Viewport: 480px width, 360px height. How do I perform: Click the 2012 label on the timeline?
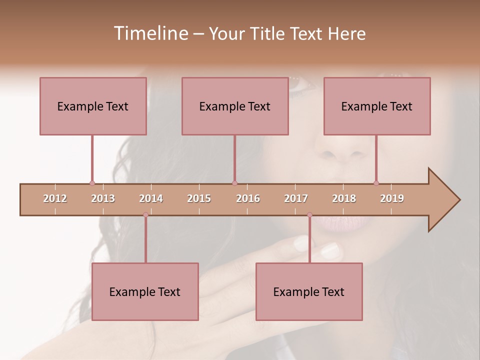coord(55,198)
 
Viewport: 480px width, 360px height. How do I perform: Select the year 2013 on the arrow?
coord(103,198)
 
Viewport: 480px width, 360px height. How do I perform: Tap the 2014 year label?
coord(151,198)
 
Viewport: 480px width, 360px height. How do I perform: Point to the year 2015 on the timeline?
coord(199,198)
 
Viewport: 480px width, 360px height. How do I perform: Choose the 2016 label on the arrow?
coord(248,198)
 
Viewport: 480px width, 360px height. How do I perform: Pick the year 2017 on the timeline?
coord(296,198)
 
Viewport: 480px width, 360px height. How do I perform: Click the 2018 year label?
coord(344,198)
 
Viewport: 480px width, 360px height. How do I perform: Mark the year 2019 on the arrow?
coord(392,198)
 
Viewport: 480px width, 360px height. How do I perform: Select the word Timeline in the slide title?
coord(150,33)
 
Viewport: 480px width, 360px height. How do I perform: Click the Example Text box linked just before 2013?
coord(93,106)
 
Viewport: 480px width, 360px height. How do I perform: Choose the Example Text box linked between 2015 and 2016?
coord(235,106)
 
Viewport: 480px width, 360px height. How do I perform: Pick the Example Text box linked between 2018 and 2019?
coord(377,106)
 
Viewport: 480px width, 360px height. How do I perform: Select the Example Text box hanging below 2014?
coord(145,291)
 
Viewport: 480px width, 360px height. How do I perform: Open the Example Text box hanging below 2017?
coord(309,291)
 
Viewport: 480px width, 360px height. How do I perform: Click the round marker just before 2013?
coord(92,183)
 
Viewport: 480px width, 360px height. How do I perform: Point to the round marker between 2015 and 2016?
coord(234,183)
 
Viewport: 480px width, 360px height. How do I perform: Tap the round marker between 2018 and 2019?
coord(376,183)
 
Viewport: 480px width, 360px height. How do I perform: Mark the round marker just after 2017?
coord(309,215)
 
